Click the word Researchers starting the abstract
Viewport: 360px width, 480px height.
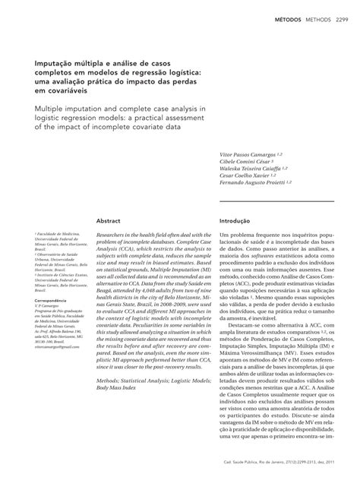pos(114,237)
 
